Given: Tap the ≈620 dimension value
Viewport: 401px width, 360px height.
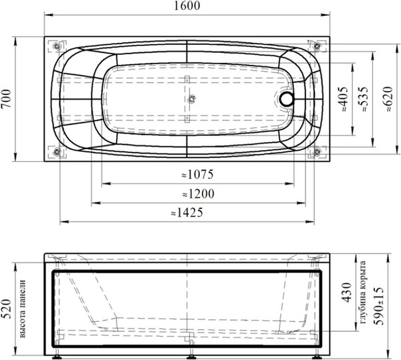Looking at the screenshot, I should (x=386, y=100).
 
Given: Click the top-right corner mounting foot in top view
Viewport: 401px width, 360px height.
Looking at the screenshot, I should (x=314, y=46).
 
